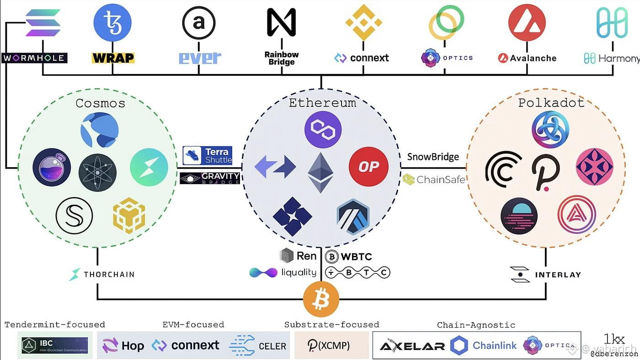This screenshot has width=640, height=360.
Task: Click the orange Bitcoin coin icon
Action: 321,299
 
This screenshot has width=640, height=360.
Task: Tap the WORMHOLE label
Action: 34,58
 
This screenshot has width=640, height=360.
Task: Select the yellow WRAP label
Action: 113,58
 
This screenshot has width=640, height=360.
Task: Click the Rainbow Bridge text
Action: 282,58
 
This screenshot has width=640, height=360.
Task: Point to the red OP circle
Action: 368,167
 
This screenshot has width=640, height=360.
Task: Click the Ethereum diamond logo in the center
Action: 320,173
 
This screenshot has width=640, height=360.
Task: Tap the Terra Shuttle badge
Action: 207,155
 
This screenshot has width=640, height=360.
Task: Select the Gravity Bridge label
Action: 210,178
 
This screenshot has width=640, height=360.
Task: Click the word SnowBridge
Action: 433,157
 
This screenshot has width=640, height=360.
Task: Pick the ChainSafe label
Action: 434,180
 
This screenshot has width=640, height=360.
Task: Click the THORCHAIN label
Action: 101,275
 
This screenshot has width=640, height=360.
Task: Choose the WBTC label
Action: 348,256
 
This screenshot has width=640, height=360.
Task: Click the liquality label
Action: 283,273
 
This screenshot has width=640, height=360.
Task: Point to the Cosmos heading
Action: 100,103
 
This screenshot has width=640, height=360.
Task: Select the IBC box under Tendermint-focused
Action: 55,345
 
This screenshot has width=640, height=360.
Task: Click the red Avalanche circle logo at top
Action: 527,22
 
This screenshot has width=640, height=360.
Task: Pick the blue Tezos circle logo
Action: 112,22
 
